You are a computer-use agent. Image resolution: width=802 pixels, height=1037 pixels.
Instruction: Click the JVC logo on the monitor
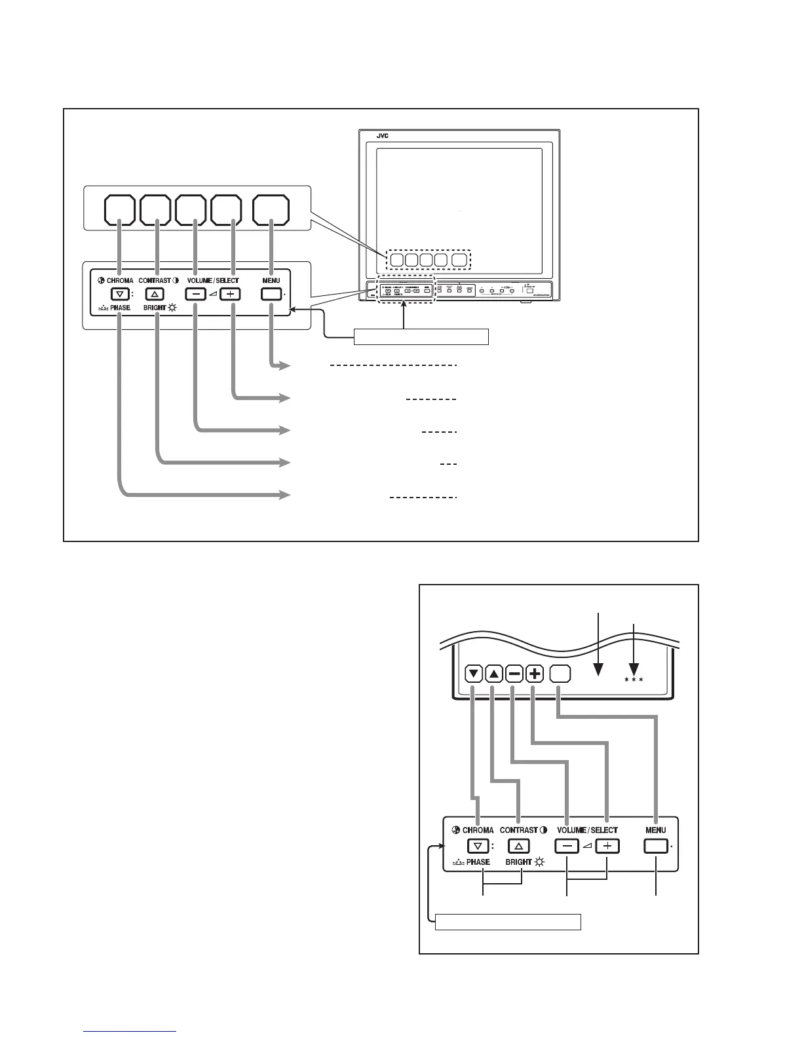tap(383, 137)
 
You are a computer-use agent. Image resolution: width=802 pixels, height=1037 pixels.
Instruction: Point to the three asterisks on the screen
tap(634, 680)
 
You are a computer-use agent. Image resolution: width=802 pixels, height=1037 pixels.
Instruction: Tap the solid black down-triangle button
tap(475, 673)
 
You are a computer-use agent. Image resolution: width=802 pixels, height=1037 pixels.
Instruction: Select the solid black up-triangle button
tap(495, 673)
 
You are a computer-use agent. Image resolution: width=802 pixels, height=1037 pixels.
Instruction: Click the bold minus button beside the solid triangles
tap(515, 673)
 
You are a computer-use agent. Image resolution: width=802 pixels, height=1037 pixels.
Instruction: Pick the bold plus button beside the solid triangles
tap(535, 673)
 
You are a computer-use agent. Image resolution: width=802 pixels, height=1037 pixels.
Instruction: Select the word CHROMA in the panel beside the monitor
tap(120, 281)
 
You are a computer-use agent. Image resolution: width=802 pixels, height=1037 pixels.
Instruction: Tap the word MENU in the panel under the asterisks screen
tap(655, 830)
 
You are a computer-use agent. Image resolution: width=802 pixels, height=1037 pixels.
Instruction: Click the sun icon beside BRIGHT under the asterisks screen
tap(540, 862)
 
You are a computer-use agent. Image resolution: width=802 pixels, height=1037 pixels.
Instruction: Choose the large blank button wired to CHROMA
tap(120, 209)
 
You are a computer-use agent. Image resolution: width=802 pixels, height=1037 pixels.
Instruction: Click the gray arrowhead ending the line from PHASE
tap(285, 495)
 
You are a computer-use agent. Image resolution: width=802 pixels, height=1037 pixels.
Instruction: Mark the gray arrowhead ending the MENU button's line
tap(285, 365)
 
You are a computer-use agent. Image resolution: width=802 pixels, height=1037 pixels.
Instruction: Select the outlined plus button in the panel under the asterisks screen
tap(608, 846)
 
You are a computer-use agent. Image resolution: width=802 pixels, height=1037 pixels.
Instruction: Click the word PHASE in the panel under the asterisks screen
tap(478, 862)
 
